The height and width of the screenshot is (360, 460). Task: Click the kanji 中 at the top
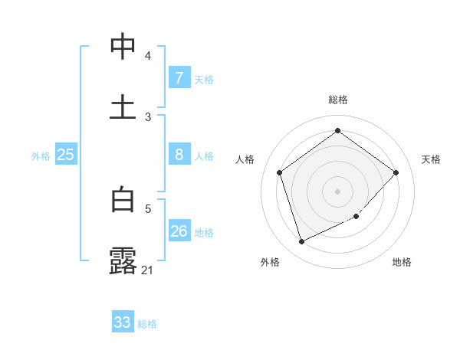pyautogui.click(x=123, y=47)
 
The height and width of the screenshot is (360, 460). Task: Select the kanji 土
pyautogui.click(x=123, y=106)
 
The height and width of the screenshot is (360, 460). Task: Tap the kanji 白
pyautogui.click(x=123, y=200)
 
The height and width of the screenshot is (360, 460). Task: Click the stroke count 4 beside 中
pyautogui.click(x=148, y=56)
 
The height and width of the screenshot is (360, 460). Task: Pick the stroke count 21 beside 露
pyautogui.click(x=148, y=270)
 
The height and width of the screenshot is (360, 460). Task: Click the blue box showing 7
pyautogui.click(x=179, y=78)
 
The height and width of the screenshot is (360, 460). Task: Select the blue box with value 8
pyautogui.click(x=179, y=155)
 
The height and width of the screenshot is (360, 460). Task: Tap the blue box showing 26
pyautogui.click(x=179, y=231)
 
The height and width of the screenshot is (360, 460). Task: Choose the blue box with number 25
pyautogui.click(x=66, y=155)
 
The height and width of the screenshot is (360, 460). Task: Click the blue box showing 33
pyautogui.click(x=123, y=322)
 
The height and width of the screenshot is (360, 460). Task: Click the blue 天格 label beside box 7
pyautogui.click(x=204, y=80)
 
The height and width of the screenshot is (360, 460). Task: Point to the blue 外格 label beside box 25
pyautogui.click(x=41, y=156)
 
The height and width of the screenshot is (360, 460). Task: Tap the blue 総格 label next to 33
pyautogui.click(x=147, y=324)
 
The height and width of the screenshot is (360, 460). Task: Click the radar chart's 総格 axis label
pyautogui.click(x=337, y=100)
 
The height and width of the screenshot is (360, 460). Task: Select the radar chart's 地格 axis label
pyautogui.click(x=402, y=262)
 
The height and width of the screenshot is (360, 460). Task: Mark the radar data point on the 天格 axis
pyautogui.click(x=396, y=172)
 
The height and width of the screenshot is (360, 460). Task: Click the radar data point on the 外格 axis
pyautogui.click(x=301, y=242)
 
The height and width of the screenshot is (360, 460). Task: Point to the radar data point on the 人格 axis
pyautogui.click(x=280, y=172)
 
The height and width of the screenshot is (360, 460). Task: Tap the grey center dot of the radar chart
pyautogui.click(x=337, y=191)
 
